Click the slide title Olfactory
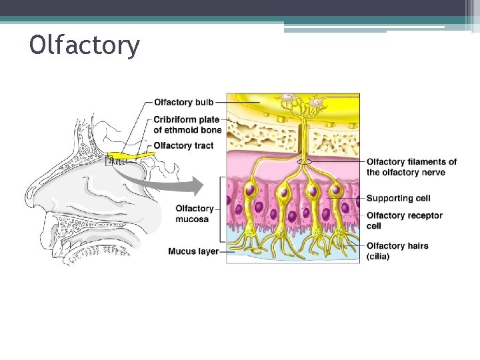[85, 45]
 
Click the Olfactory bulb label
[183, 102]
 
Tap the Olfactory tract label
[183, 145]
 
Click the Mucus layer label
[193, 251]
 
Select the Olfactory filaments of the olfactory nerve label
[411, 167]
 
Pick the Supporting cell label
[398, 198]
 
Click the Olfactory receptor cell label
[404, 220]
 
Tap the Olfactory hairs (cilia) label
[397, 251]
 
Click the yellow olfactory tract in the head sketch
[140, 155]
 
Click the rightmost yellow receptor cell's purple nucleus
[335, 191]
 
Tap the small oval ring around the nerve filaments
[305, 161]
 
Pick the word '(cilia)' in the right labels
[378, 256]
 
